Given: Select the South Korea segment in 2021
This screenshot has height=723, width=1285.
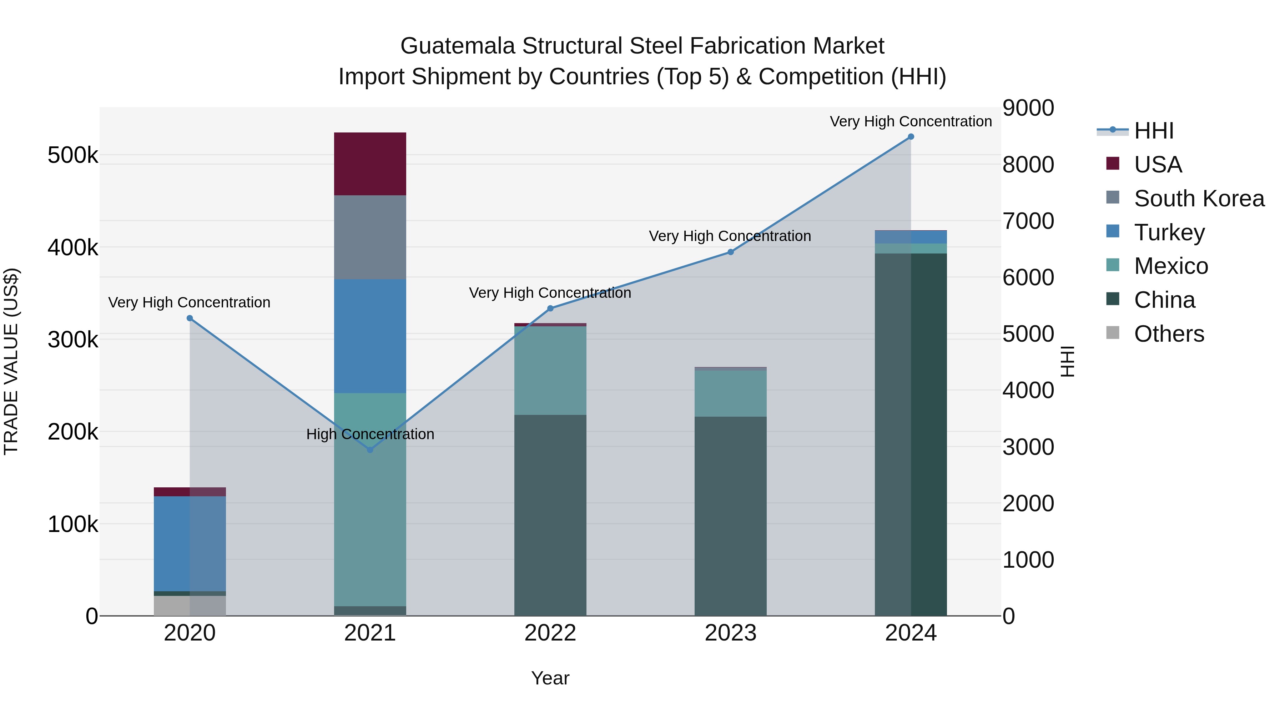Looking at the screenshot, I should [x=370, y=237].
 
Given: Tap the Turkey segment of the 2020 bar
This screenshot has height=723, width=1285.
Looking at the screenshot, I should [x=190, y=543].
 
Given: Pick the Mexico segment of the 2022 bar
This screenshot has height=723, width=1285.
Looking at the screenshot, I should [x=550, y=370].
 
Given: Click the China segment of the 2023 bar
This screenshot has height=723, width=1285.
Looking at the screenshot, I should [x=730, y=516].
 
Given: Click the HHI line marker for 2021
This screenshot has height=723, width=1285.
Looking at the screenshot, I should [x=370, y=450].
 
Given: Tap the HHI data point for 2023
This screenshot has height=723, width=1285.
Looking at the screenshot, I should [x=730, y=252].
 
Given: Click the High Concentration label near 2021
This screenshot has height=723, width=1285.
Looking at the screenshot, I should [x=370, y=434].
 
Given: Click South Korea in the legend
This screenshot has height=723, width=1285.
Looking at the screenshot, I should [x=1199, y=199].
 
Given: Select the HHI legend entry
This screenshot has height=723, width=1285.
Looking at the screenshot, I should [x=1153, y=131].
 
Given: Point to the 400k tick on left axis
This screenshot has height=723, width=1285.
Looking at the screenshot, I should [x=73, y=247].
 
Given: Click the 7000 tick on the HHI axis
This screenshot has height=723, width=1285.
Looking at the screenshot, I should [x=1028, y=221].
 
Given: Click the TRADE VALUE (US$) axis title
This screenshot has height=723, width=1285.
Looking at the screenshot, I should [x=11, y=361].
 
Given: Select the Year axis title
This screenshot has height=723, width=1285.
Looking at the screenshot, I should [x=550, y=678].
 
